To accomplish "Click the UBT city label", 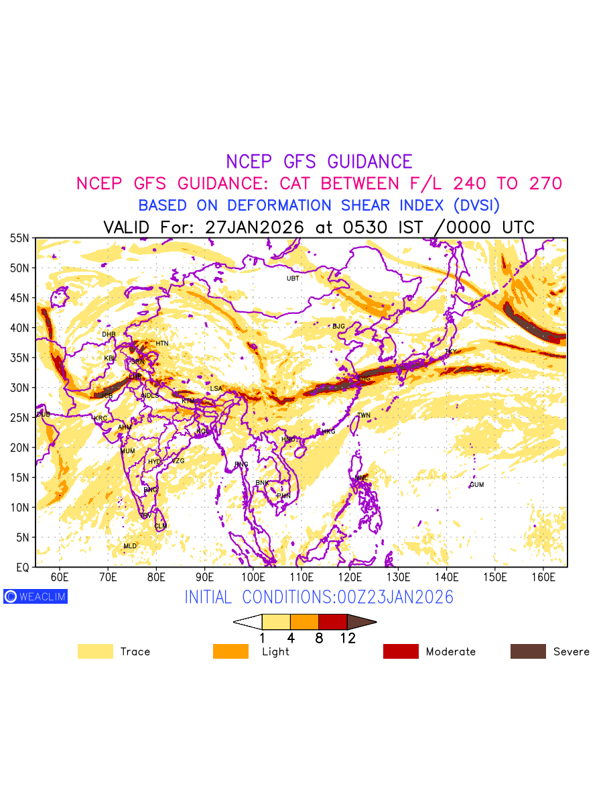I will pyautogui.click(x=293, y=278).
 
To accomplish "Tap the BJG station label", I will pyautogui.click(x=338, y=327).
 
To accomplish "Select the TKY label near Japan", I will pyautogui.click(x=451, y=352).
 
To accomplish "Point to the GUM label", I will pyautogui.click(x=476, y=485).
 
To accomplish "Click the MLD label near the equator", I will pyautogui.click(x=130, y=546).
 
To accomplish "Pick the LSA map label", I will pyautogui.click(x=216, y=388).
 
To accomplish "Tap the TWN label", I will pyautogui.click(x=364, y=416).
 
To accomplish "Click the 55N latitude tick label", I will pyautogui.click(x=19, y=238).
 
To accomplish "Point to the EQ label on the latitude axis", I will pyautogui.click(x=22, y=568).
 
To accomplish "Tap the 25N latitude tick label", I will pyautogui.click(x=19, y=418).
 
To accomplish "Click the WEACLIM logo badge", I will pyautogui.click(x=36, y=596).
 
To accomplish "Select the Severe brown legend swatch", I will pyautogui.click(x=528, y=651).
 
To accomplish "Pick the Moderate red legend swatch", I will pyautogui.click(x=401, y=651).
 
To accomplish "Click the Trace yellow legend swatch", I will pyautogui.click(x=95, y=651).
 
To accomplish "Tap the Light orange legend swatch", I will pyautogui.click(x=230, y=651).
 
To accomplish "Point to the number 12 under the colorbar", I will pyautogui.click(x=348, y=639).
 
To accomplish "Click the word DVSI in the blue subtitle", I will pyautogui.click(x=474, y=205).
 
